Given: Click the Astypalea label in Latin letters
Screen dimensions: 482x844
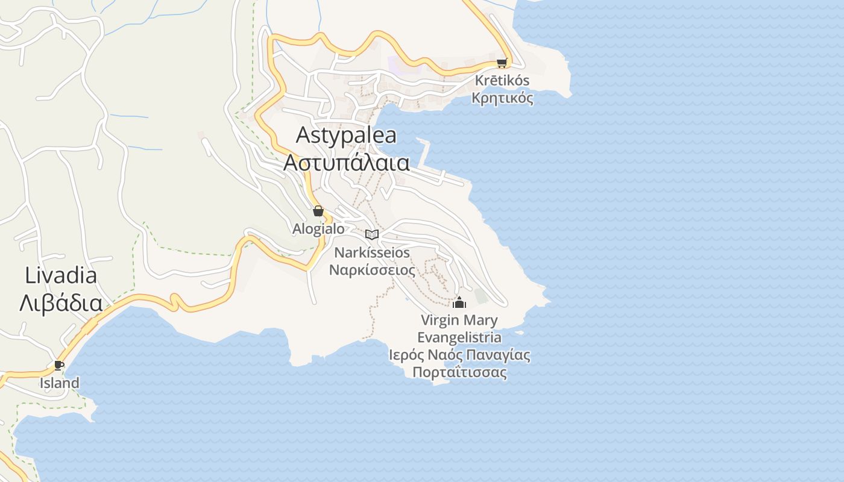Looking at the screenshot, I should point(346,136).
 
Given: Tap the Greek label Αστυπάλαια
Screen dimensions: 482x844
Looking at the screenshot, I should point(347,163).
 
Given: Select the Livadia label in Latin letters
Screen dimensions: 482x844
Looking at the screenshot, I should point(61,275).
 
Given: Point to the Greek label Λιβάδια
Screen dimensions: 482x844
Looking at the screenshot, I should point(61,302).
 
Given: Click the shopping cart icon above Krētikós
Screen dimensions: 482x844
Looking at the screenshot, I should point(502,63).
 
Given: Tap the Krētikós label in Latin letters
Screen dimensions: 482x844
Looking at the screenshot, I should point(502,80).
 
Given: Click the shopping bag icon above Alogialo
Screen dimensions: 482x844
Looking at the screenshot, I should point(318,211).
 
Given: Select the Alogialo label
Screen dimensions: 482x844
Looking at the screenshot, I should point(318,229).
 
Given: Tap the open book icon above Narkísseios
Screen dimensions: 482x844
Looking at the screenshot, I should point(372,234).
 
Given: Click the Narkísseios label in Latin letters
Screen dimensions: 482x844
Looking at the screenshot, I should point(372,252).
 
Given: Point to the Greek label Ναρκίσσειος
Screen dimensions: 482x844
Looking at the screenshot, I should point(372,269).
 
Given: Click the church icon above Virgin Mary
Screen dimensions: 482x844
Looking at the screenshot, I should point(459,302).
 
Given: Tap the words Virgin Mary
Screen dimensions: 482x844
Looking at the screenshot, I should point(459,320).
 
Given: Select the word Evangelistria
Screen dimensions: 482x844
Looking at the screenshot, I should point(459,337).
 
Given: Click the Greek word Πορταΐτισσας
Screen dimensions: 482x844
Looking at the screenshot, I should point(459,372).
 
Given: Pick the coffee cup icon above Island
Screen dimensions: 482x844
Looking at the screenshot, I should point(58,365).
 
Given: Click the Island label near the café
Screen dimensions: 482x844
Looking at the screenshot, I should point(59,383).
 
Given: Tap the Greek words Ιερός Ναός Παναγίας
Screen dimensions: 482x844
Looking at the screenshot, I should point(459,355).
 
